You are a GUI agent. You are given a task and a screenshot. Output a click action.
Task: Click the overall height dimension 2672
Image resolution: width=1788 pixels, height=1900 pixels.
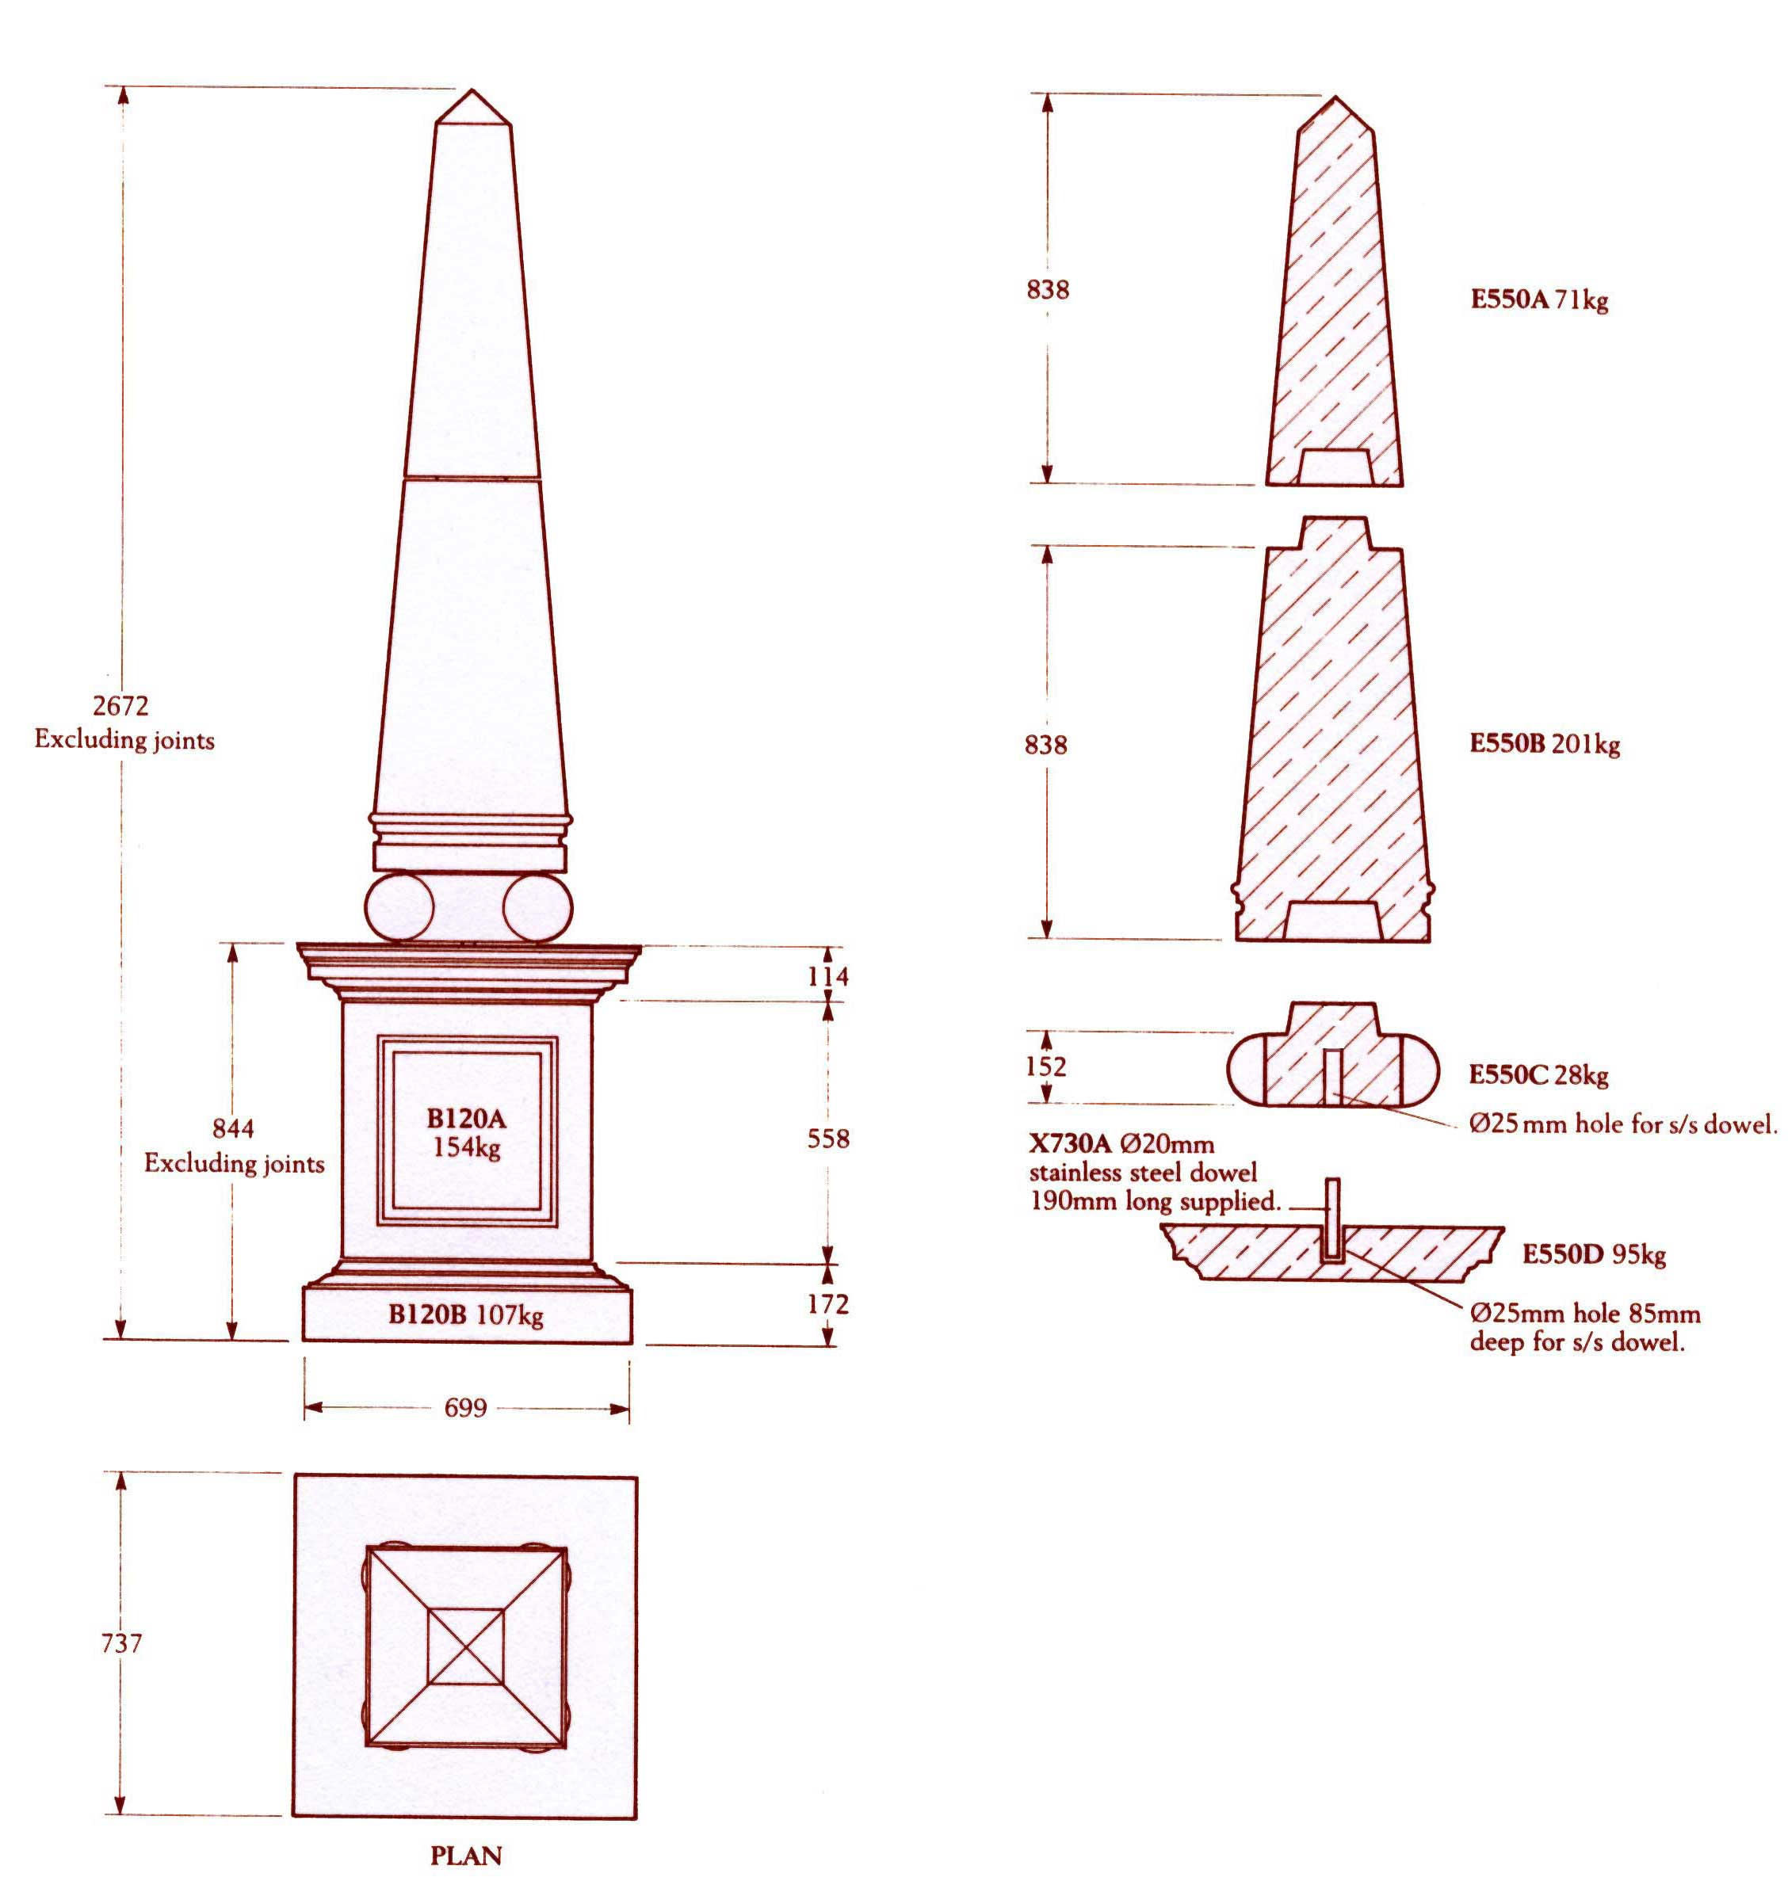(120, 706)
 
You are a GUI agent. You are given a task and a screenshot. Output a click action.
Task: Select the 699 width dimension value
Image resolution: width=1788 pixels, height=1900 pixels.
(466, 1408)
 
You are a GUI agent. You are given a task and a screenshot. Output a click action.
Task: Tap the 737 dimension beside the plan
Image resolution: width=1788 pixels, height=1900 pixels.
(121, 1643)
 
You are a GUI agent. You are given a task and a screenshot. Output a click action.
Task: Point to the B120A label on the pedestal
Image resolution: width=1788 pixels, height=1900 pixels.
(467, 1118)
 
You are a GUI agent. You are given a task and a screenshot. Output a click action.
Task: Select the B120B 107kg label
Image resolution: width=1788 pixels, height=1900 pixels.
(466, 1315)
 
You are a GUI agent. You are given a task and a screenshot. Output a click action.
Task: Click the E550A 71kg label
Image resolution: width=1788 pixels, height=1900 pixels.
(1539, 300)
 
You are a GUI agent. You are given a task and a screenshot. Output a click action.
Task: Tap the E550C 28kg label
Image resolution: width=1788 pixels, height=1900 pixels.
(1538, 1075)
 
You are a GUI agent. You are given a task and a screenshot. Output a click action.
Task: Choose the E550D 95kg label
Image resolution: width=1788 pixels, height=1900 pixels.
(1594, 1254)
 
